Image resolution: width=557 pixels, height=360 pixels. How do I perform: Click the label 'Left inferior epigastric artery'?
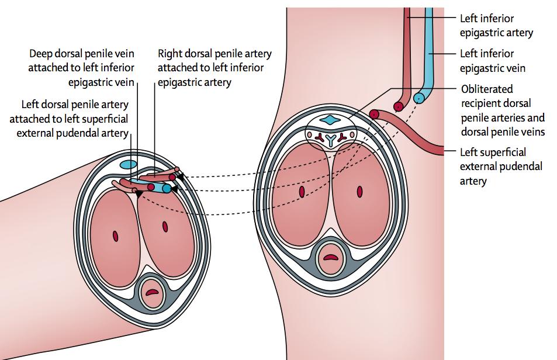pos(496,25)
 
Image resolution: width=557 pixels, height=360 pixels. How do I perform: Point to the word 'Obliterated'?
pos(486,89)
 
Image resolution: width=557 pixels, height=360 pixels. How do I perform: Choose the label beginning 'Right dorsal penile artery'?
pos(215,68)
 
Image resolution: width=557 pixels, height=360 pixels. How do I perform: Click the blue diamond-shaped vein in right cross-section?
pos(331,120)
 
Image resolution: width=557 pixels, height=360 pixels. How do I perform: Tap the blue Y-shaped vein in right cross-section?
pos(331,139)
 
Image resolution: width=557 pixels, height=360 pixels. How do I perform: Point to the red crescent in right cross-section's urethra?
pos(331,257)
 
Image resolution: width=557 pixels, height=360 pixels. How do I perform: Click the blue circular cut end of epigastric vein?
pos(418,99)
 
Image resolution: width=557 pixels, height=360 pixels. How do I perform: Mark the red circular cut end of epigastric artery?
pos(399,107)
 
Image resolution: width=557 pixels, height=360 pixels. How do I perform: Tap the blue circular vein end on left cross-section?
pos(167,189)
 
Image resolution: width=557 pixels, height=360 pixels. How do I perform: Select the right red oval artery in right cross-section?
pos(360,191)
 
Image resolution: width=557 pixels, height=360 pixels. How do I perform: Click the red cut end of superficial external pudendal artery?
pos(374,115)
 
